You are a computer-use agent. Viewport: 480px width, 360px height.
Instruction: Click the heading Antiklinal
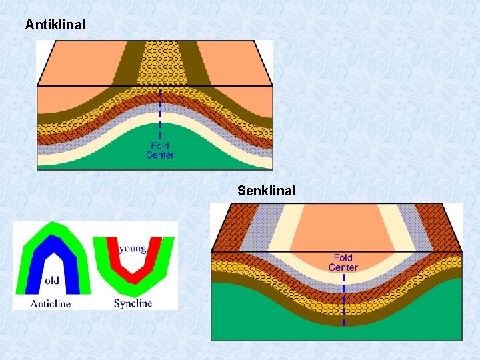coord(55,25)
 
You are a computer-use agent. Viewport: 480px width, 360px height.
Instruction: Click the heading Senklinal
coord(266,191)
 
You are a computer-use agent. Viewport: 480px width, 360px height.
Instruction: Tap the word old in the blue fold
coord(52,280)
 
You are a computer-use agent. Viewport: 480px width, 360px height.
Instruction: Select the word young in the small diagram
coord(133,249)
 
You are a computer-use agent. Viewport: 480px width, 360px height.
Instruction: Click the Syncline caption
coord(133,304)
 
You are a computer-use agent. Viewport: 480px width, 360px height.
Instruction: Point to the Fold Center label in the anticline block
coord(160,150)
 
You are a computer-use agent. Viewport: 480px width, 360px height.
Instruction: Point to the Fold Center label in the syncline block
coord(343,262)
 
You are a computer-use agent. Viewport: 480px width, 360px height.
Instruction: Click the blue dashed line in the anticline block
coord(160,113)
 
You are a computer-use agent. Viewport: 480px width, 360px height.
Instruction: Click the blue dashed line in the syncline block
coord(343,300)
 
